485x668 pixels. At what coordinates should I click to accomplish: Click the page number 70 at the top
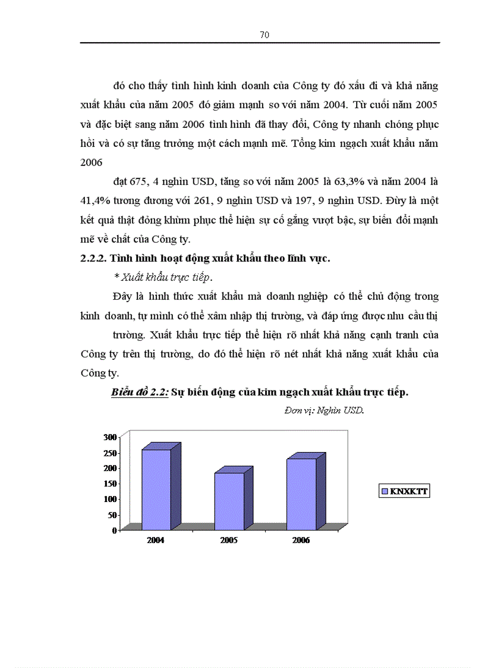click(x=264, y=35)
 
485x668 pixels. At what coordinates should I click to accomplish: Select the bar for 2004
click(x=156, y=489)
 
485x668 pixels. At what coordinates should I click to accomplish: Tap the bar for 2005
click(x=229, y=501)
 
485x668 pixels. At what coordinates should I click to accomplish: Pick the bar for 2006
click(x=301, y=494)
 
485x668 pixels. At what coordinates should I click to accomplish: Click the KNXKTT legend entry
click(x=404, y=491)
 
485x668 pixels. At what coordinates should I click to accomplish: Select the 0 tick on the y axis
click(x=114, y=530)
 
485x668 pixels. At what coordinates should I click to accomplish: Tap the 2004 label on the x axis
click(x=156, y=541)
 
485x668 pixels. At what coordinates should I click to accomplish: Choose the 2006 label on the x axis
click(x=301, y=541)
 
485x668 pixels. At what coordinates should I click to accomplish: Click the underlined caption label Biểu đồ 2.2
click(x=140, y=393)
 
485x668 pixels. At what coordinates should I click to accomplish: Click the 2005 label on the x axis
click(x=229, y=541)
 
